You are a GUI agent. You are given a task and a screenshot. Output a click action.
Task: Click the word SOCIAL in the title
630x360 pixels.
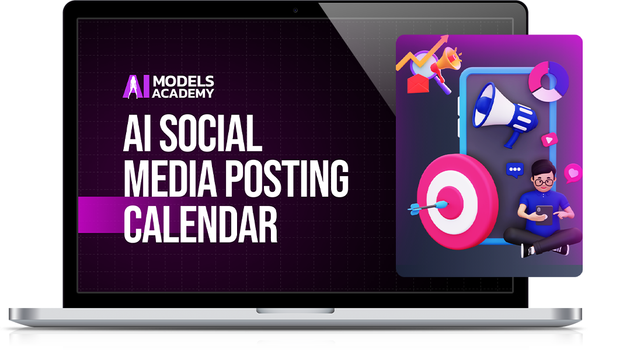(211, 133)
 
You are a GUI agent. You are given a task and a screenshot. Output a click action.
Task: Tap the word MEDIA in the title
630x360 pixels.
(170, 179)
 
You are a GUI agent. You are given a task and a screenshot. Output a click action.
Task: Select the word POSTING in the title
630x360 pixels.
(287, 179)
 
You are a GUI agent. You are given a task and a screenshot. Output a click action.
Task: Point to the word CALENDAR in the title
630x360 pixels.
(200, 225)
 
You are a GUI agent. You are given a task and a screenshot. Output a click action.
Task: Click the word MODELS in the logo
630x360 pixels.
(183, 82)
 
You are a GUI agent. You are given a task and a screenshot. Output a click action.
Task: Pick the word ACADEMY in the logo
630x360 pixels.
(183, 93)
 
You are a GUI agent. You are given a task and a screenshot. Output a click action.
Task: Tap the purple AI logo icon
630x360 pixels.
(136, 87)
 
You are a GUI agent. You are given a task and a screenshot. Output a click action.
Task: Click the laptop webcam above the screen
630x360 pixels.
(295, 11)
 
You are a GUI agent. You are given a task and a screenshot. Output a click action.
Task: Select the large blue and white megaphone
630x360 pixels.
(504, 114)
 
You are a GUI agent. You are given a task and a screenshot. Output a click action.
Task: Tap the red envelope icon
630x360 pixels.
(418, 84)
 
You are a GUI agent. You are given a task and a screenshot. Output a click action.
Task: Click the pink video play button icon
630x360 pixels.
(549, 139)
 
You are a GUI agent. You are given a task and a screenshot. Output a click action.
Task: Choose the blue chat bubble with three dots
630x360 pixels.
(515, 170)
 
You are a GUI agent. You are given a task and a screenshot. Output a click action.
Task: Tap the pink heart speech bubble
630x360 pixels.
(573, 173)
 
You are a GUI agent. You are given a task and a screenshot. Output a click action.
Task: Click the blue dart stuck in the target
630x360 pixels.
(428, 207)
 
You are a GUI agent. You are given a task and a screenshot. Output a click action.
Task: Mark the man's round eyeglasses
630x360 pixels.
(544, 183)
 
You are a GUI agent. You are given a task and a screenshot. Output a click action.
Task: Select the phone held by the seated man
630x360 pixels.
(544, 214)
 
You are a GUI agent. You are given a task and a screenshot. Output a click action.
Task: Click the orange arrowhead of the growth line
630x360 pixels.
(443, 39)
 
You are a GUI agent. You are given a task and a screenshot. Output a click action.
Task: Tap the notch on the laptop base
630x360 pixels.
(295, 310)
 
